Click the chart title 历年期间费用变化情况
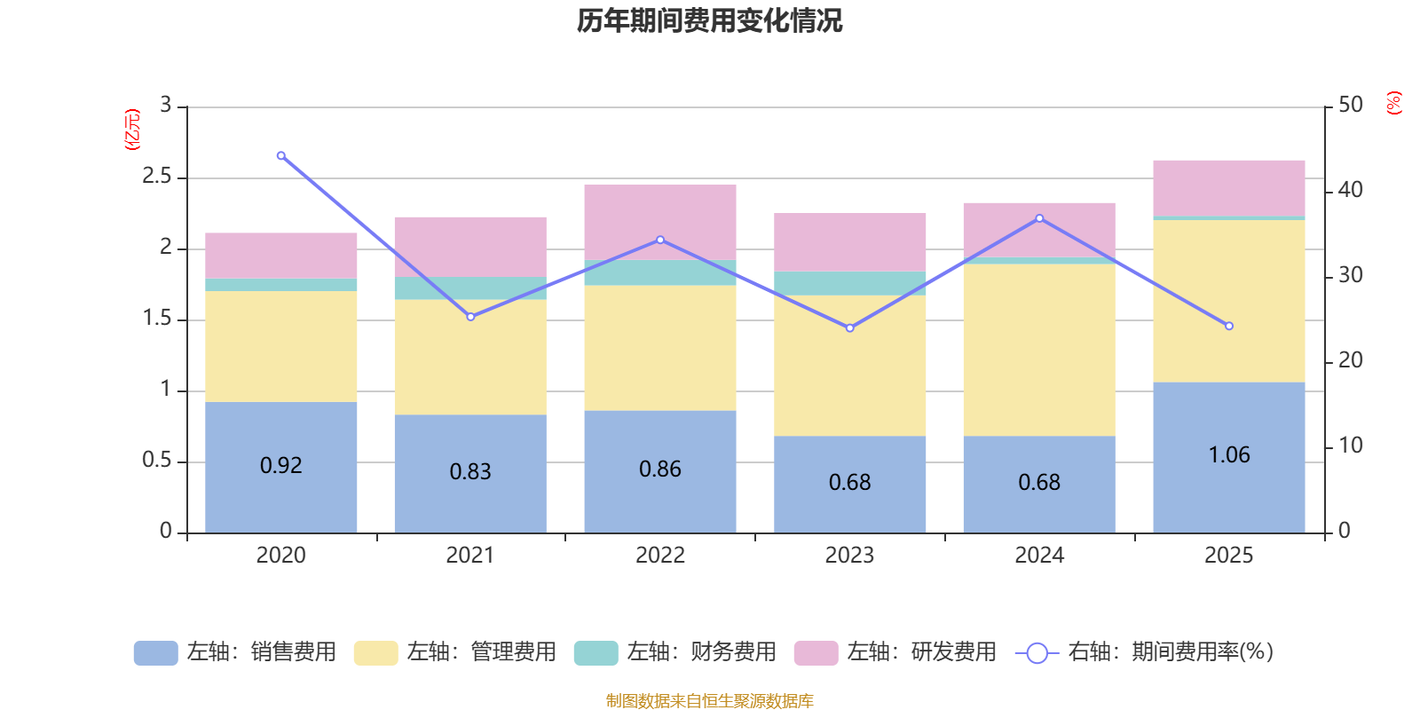(x=709, y=21)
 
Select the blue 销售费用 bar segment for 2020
(x=280, y=497)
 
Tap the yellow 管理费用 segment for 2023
(x=849, y=365)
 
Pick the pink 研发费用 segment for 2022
(x=659, y=222)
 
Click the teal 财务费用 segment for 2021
(x=469, y=288)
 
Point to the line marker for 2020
(x=281, y=156)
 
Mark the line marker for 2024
(x=1039, y=218)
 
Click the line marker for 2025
(x=1228, y=326)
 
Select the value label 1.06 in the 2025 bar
(x=1228, y=455)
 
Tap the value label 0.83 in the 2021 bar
(x=469, y=471)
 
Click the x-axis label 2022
(x=659, y=556)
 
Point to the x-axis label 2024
(x=1039, y=556)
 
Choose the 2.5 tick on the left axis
(x=157, y=177)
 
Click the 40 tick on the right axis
(x=1350, y=190)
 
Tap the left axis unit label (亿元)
(x=132, y=130)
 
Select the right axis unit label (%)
(x=1393, y=103)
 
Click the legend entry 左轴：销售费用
(x=235, y=652)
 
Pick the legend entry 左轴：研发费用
(x=895, y=652)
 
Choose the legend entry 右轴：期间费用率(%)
(x=1145, y=652)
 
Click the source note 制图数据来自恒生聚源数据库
(x=709, y=701)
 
